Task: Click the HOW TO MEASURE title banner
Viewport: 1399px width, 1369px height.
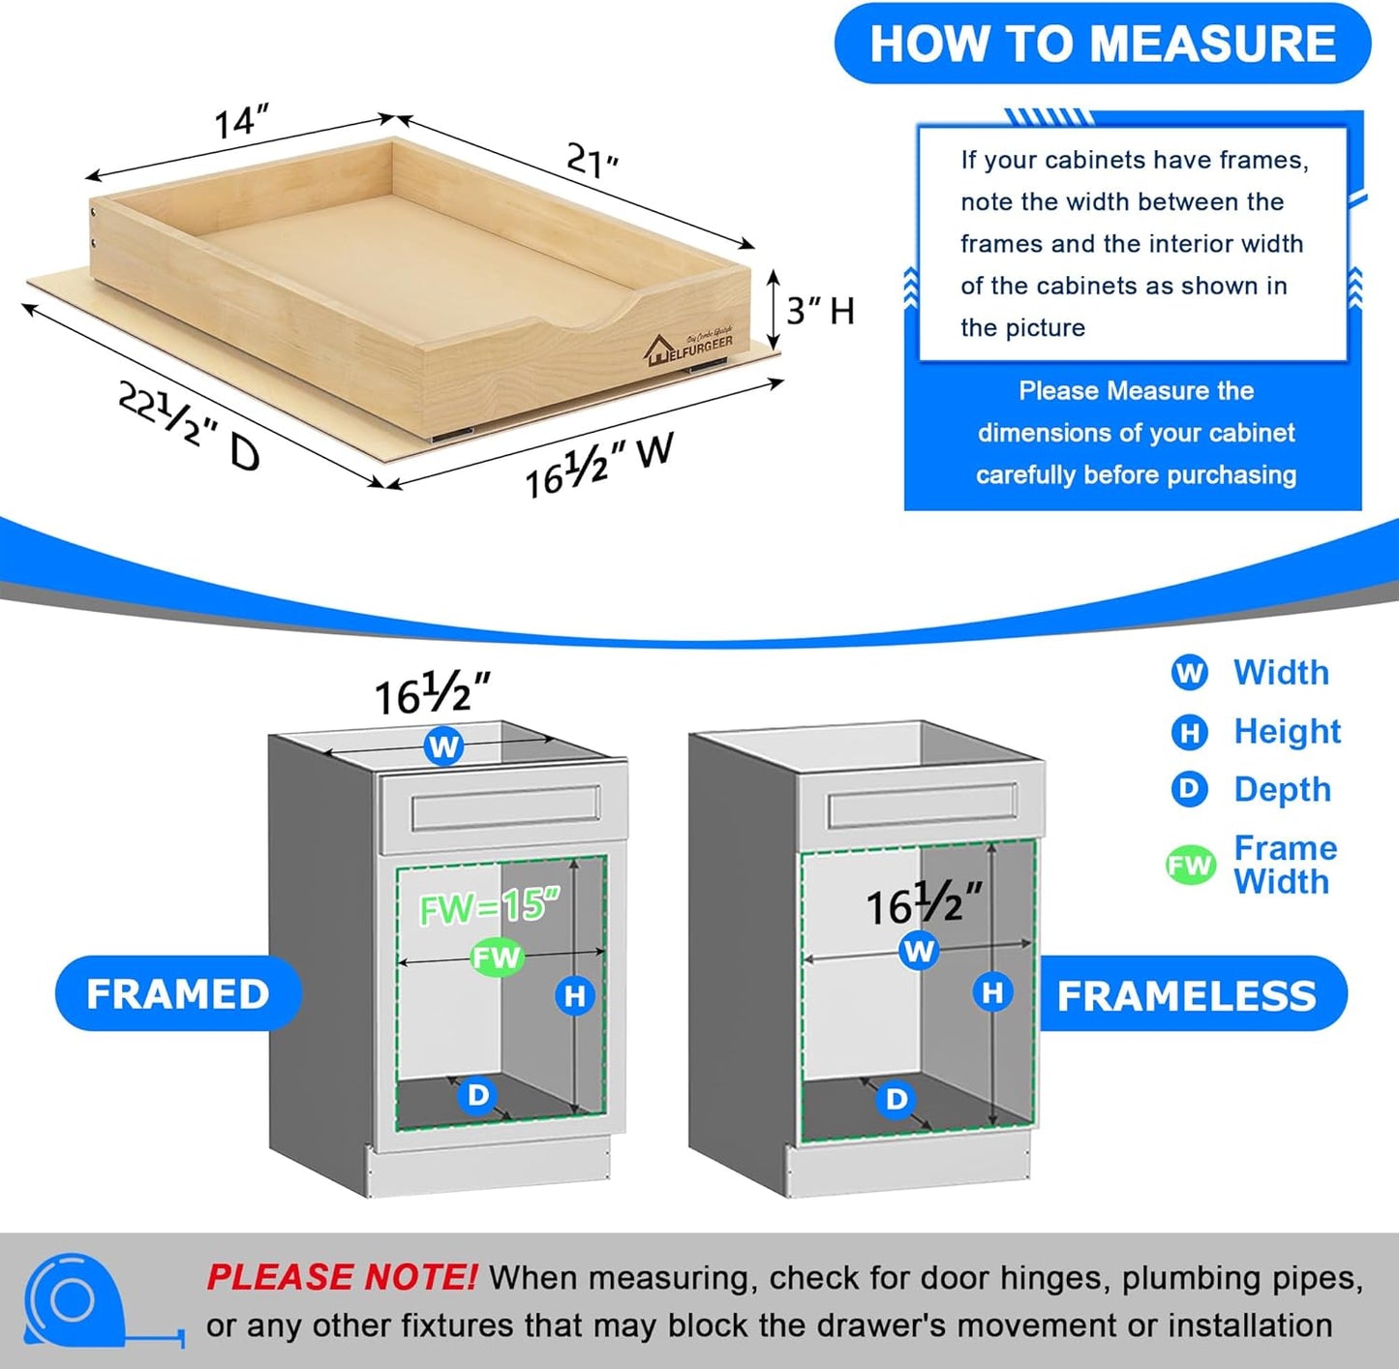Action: [1102, 45]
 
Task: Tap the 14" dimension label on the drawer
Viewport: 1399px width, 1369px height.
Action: [240, 121]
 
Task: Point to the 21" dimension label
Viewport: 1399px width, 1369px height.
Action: [592, 160]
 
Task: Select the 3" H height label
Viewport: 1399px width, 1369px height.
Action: [820, 311]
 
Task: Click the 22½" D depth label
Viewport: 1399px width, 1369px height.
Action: [189, 425]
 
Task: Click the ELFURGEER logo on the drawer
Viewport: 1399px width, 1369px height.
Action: [689, 346]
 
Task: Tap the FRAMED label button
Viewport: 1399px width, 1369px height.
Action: [178, 994]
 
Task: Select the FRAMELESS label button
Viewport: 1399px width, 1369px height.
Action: [1186, 995]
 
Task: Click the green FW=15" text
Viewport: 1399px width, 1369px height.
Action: [489, 906]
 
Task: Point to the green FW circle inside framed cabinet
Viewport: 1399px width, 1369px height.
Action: [497, 958]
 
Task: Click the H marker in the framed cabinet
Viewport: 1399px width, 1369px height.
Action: [575, 995]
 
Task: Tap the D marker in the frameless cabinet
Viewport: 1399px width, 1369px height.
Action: [897, 1099]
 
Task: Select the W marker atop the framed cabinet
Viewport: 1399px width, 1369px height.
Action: [443, 746]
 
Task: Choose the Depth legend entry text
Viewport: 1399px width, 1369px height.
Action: [1282, 789]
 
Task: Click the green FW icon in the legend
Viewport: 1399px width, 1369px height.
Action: [1190, 865]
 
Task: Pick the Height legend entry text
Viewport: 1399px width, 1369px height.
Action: [1287, 731]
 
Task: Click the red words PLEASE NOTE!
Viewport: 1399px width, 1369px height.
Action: [341, 1277]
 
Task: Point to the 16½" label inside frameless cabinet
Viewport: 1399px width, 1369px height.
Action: [923, 904]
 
